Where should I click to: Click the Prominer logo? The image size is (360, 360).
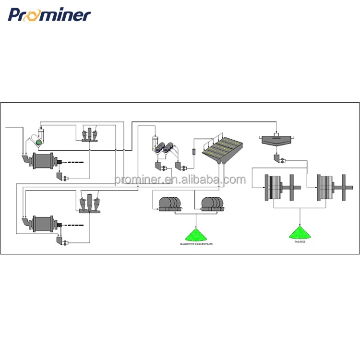pos(49,14)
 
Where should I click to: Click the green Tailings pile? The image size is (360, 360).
pos(300,233)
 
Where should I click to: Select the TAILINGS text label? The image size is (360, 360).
pos(300,242)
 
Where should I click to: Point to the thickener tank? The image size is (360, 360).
pos(277,141)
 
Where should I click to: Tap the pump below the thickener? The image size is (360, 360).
pos(279,159)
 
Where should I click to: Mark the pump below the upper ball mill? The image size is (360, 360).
pos(62,176)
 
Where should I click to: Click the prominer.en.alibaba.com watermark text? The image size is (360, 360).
pos(180,180)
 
